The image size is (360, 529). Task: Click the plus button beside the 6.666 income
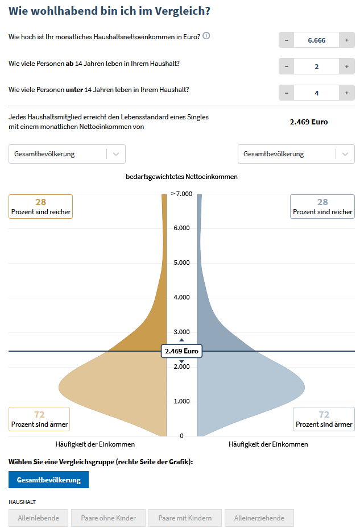click(346, 40)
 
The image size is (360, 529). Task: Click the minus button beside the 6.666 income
click(286, 40)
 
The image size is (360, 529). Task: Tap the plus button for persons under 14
click(346, 93)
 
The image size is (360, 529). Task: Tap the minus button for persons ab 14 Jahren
click(286, 66)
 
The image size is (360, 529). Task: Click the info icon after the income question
click(206, 36)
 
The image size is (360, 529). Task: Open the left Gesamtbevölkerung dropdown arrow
click(116, 154)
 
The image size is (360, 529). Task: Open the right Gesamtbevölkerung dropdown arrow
click(345, 154)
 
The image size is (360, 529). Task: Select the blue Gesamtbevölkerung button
click(48, 480)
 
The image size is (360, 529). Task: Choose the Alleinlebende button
click(38, 518)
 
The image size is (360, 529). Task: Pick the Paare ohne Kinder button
click(107, 518)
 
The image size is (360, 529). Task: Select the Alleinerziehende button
click(259, 518)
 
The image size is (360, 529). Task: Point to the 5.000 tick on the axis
click(182, 263)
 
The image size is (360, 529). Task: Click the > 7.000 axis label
click(182, 194)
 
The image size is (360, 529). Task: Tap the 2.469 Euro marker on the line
click(181, 351)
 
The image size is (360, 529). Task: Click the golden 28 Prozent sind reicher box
click(40, 206)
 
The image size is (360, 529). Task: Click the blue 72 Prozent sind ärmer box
click(324, 419)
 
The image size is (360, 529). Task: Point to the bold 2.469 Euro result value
click(309, 122)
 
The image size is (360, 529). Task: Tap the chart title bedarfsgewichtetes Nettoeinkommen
click(181, 177)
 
